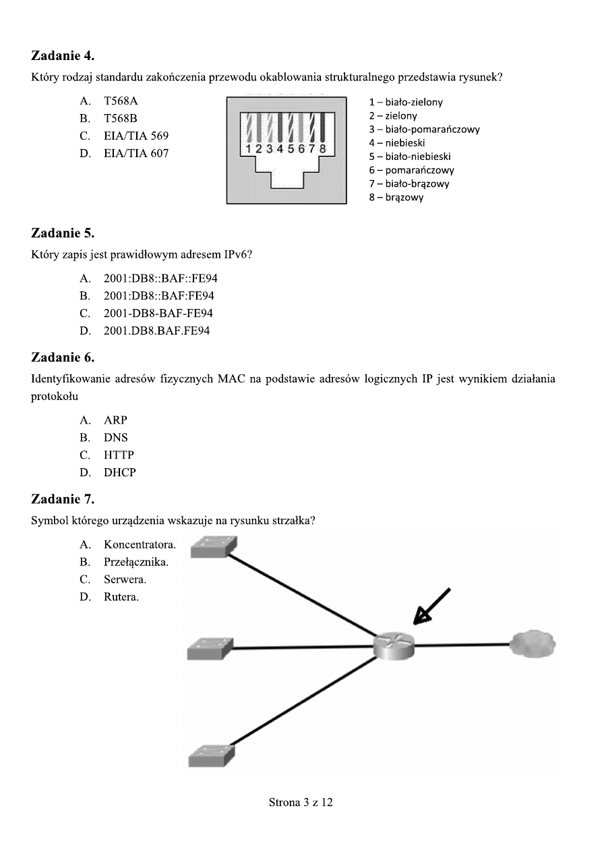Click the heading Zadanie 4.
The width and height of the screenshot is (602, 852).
click(x=63, y=55)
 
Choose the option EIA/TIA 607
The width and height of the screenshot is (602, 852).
click(x=136, y=154)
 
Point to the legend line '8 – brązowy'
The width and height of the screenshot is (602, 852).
click(x=396, y=198)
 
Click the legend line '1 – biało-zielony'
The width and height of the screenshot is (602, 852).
click(x=405, y=103)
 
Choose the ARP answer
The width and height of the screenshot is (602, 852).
click(x=115, y=420)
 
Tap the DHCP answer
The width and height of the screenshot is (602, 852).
click(x=119, y=473)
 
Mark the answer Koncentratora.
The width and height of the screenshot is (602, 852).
click(x=139, y=544)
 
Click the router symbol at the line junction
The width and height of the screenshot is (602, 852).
click(x=394, y=646)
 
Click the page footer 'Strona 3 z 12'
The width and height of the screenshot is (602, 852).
click(x=301, y=803)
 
